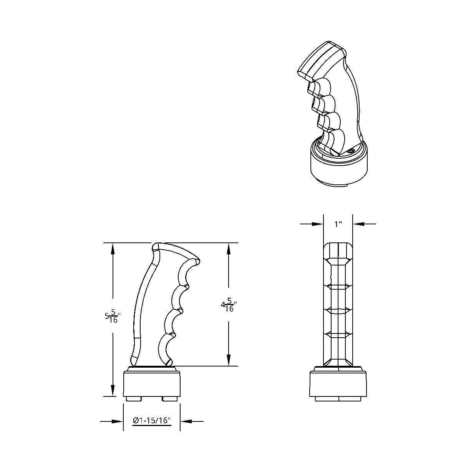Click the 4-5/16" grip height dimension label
click(x=228, y=306)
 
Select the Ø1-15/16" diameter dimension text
click(x=152, y=421)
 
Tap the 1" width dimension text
click(x=338, y=224)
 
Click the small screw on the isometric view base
click(x=350, y=152)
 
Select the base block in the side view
click(x=152, y=384)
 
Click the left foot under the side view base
click(x=133, y=399)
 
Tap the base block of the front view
click(x=338, y=384)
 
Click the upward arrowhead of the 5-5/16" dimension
click(x=113, y=249)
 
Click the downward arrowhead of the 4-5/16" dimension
click(x=229, y=360)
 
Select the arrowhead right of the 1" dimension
click(x=359, y=224)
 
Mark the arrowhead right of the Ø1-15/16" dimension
click(x=186, y=421)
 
